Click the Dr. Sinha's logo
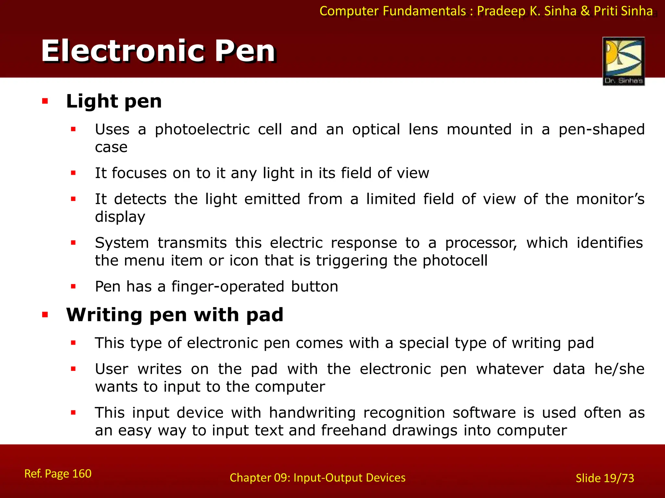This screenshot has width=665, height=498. coord(623,61)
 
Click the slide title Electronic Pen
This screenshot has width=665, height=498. coord(158,51)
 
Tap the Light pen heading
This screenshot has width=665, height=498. coord(114,101)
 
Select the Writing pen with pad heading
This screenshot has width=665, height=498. coord(175,314)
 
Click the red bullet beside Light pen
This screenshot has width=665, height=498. coord(45,101)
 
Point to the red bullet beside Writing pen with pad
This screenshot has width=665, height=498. coord(45,314)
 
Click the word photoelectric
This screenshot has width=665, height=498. coord(202,130)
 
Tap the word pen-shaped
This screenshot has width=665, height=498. coord(601,130)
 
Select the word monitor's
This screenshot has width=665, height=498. coord(610,199)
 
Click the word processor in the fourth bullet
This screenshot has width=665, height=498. coord(481,243)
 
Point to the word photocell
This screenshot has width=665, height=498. coord(455,261)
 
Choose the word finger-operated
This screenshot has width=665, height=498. coord(228,287)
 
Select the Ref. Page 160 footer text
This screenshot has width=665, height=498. coord(58,474)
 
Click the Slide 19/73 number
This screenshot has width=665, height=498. coord(605,478)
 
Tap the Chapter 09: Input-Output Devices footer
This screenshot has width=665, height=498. coord(317,478)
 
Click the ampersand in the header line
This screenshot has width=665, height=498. coord(585,11)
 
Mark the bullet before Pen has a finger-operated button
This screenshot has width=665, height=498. coord(73,287)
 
